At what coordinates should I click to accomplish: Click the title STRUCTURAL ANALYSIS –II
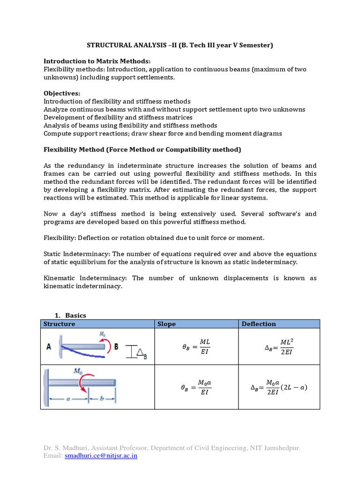(x=180, y=45)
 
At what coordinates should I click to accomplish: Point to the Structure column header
(x=59, y=324)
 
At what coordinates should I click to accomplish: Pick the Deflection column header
(x=259, y=324)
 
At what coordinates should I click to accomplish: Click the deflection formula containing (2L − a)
(x=279, y=387)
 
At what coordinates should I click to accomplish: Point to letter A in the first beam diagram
(x=49, y=347)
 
